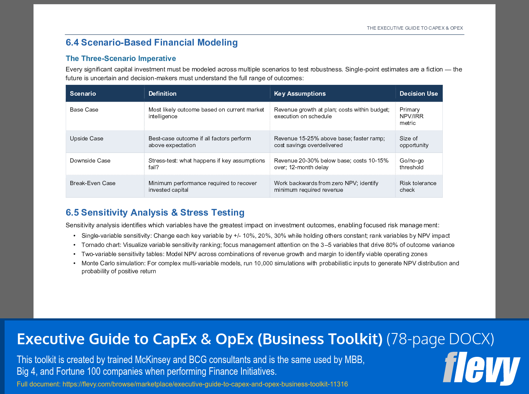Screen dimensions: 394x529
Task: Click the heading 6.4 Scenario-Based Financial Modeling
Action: tap(152, 43)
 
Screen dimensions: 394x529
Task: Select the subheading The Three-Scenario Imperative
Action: tap(121, 58)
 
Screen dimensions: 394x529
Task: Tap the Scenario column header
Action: tap(83, 94)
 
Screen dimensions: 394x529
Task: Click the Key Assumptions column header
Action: tap(300, 94)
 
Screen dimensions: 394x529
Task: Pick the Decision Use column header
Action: tap(419, 94)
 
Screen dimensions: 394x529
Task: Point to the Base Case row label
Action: tap(84, 110)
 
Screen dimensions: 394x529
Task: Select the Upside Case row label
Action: tap(87, 139)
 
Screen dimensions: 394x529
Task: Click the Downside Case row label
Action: tap(90, 161)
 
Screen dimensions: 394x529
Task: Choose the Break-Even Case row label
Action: tap(92, 183)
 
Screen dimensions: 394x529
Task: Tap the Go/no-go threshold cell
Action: tap(411, 164)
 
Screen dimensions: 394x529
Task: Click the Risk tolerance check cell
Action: tap(418, 186)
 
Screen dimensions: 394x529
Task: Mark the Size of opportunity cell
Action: tap(414, 142)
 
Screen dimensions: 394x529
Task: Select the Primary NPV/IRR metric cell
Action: tap(411, 116)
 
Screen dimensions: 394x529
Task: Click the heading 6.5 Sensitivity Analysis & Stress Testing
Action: tap(155, 213)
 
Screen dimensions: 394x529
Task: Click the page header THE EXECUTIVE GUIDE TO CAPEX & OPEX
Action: tap(415, 28)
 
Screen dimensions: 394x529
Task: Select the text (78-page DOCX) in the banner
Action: tap(440, 339)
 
